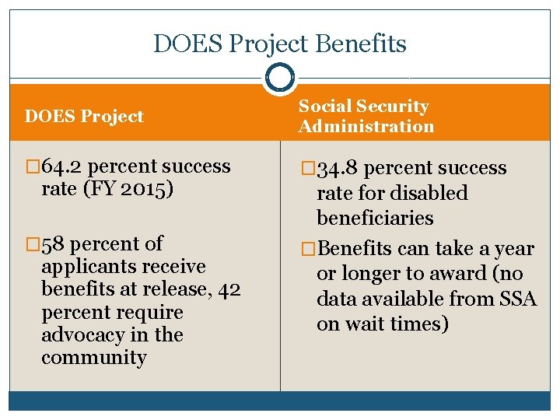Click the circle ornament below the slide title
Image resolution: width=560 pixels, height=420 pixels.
coord(279,78)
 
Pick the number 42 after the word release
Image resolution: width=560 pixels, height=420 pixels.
coord(229,289)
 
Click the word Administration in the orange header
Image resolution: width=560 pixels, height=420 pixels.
coord(366,126)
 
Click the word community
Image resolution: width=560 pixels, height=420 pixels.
coord(93,358)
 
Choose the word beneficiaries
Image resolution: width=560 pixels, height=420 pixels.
coord(375,218)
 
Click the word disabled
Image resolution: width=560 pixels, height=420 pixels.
coord(431,193)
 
